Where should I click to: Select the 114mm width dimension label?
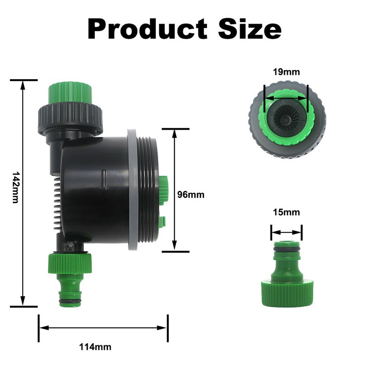pyautogui.click(x=95, y=347)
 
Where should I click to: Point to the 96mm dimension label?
pyautogui.click(x=190, y=195)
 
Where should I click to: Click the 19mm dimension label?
pyautogui.click(x=286, y=72)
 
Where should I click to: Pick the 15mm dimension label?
pyautogui.click(x=286, y=212)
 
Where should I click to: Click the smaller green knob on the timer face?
pyautogui.click(x=162, y=221)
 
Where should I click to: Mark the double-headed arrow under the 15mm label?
pyautogui.click(x=286, y=232)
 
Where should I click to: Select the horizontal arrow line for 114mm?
pyautogui.click(x=102, y=327)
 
